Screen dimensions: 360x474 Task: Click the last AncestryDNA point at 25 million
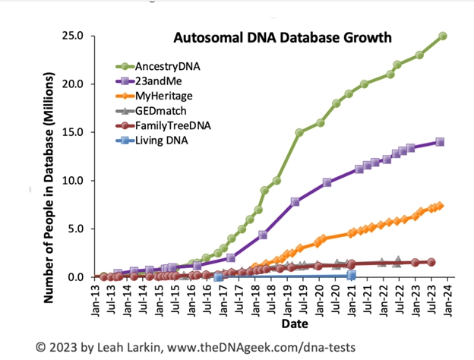pos(443,36)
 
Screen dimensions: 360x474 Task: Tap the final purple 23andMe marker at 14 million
pos(440,142)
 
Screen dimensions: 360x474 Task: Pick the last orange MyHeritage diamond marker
pos(440,206)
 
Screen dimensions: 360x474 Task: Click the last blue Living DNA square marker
pos(352,275)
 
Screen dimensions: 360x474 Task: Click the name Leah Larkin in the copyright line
pos(129,346)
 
